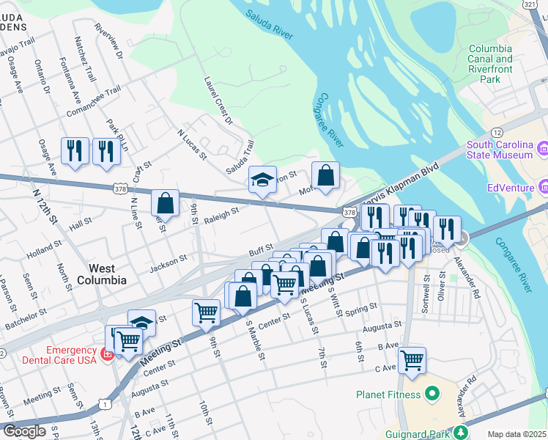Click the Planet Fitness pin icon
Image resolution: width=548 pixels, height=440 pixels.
[432, 395]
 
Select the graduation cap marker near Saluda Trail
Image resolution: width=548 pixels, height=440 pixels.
[262, 179]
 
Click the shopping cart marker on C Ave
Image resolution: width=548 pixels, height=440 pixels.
[412, 359]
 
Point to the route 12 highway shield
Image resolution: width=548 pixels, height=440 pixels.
[496, 132]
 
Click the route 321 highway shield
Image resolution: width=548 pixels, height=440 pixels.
[532, 4]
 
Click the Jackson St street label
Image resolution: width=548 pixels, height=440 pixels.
[168, 263]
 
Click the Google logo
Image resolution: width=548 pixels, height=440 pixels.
[24, 431]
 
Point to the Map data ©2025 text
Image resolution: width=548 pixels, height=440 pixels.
[516, 434]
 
